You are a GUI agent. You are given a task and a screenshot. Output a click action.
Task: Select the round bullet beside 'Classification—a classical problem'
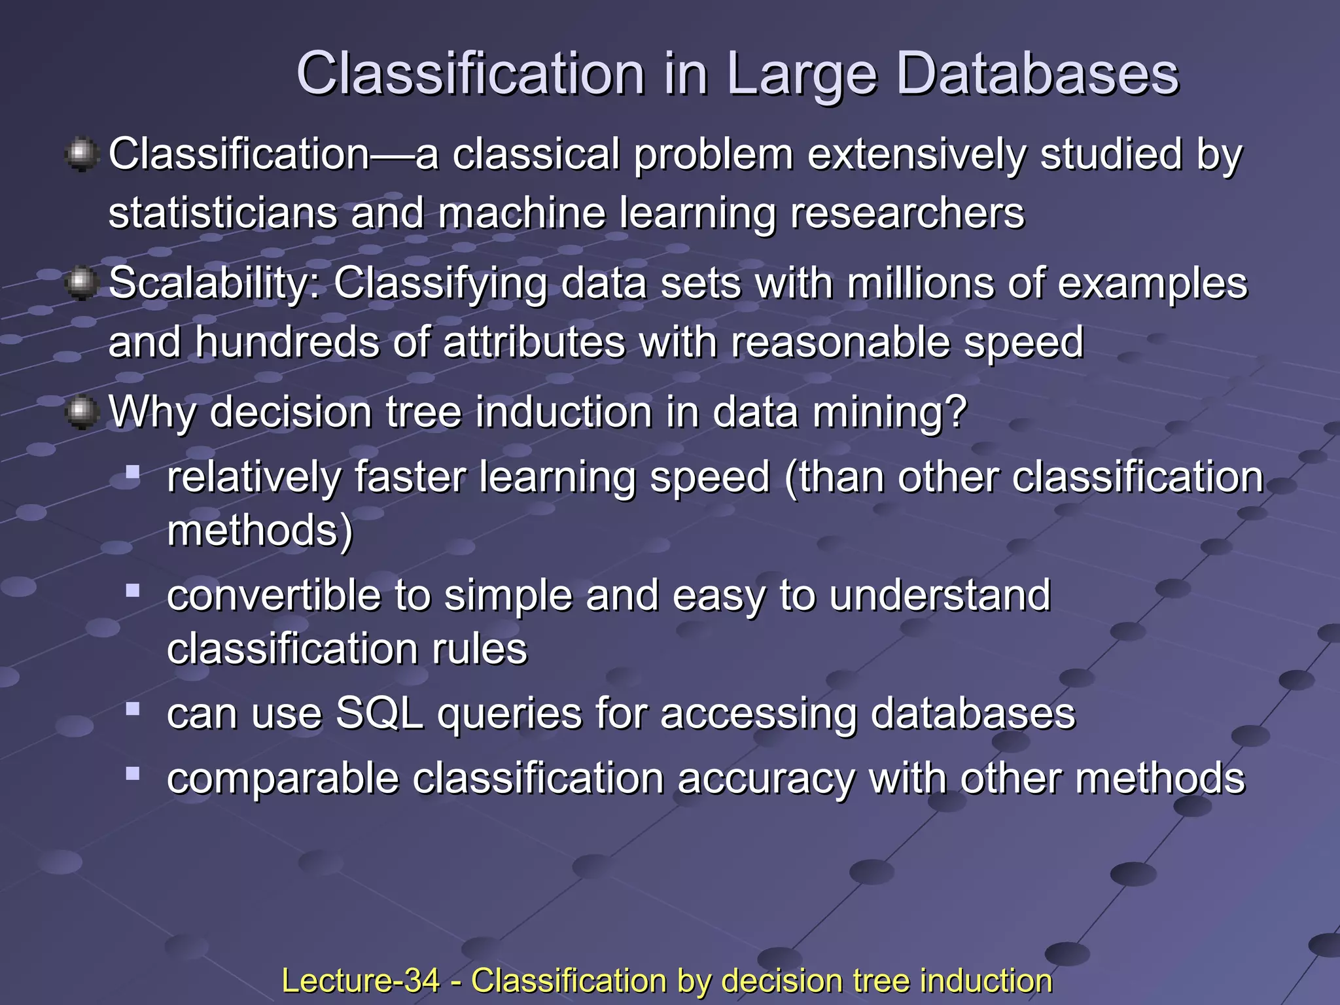point(81,154)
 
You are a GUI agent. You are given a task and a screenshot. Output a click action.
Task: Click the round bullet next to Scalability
point(81,283)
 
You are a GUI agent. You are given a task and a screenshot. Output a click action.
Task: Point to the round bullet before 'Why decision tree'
point(81,412)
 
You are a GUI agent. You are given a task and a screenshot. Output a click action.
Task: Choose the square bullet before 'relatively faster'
point(133,472)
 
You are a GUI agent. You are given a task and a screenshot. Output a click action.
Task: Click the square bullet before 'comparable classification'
point(133,773)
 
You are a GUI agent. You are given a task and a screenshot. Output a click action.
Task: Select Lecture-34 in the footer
point(361,981)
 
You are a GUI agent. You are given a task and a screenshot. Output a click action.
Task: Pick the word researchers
point(907,213)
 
